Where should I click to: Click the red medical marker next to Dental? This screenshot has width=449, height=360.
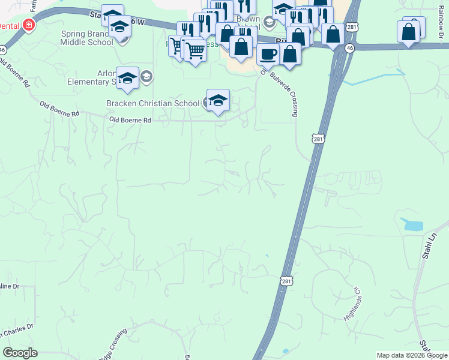pos(28,25)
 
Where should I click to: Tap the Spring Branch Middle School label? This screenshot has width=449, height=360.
pos(86,38)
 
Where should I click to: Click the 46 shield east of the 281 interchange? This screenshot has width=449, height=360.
pos(350,47)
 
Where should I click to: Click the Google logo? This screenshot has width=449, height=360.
pos(20,353)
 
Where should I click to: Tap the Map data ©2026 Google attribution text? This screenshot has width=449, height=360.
pos(411,355)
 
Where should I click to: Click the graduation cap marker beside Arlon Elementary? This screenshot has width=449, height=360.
pos(127,79)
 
